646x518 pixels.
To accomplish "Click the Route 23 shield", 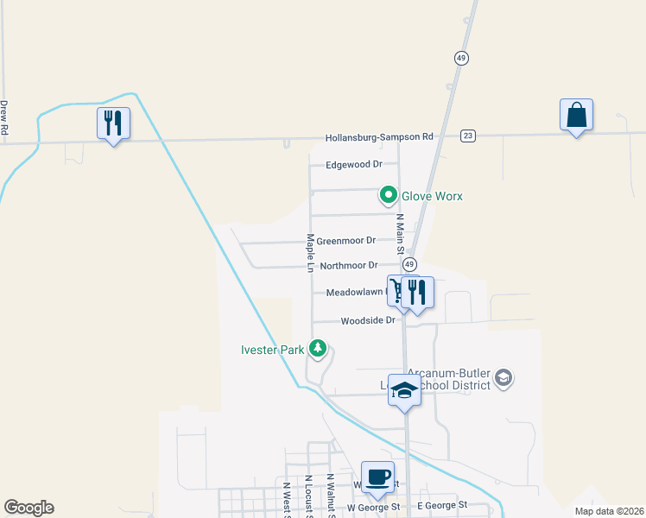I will pyautogui.click(x=468, y=136).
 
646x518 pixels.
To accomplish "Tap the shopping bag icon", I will pyautogui.click(x=576, y=115).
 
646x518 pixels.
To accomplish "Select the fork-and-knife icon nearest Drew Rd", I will pyautogui.click(x=113, y=123).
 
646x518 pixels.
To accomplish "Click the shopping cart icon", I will pyautogui.click(x=396, y=291).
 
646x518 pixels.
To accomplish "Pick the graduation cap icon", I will pyautogui.click(x=403, y=390).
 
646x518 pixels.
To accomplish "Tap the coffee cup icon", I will pyautogui.click(x=377, y=477).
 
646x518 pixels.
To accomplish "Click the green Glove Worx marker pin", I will pyautogui.click(x=389, y=196).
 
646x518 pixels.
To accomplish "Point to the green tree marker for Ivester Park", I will pyautogui.click(x=319, y=348).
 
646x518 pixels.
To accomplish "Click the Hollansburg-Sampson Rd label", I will pyautogui.click(x=379, y=137).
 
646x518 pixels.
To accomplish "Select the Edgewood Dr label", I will pyautogui.click(x=354, y=164).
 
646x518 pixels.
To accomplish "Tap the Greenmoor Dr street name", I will pyautogui.click(x=346, y=241).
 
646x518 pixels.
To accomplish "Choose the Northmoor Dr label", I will pyautogui.click(x=349, y=266).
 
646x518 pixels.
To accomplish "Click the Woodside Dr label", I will pyautogui.click(x=367, y=320).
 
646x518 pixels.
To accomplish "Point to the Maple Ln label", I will pyautogui.click(x=308, y=250).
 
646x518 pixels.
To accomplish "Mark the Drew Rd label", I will pyautogui.click(x=4, y=117).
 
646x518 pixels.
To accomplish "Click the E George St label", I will pyautogui.click(x=441, y=505).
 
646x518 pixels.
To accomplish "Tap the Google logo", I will pyautogui.click(x=28, y=508).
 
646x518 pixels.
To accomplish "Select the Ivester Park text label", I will pyautogui.click(x=272, y=350).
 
